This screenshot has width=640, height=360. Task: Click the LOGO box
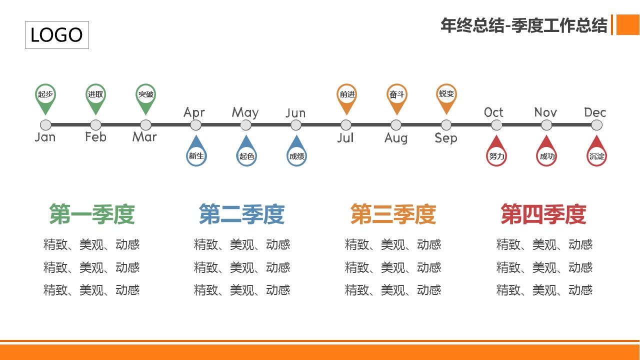(57, 35)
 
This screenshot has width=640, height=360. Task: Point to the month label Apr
(194, 113)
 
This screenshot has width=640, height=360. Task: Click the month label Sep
(446, 138)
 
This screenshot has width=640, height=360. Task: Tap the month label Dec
(595, 112)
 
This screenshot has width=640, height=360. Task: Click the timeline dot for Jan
(45, 125)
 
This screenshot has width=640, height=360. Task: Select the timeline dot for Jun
(296, 125)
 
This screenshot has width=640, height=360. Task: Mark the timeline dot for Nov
(546, 125)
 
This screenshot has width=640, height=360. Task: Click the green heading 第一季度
(92, 214)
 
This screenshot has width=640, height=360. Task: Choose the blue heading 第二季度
(241, 214)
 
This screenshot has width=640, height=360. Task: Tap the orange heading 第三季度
(393, 214)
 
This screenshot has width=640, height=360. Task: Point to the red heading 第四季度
(543, 214)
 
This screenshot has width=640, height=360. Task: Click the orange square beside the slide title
(628, 25)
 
